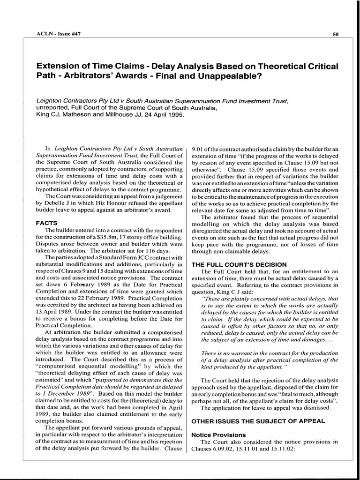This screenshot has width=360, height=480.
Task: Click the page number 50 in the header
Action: point(336,34)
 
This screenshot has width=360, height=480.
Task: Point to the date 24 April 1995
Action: point(160,114)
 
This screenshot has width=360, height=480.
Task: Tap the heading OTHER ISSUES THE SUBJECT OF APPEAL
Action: point(258,420)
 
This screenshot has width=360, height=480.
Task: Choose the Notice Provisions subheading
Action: point(218,435)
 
